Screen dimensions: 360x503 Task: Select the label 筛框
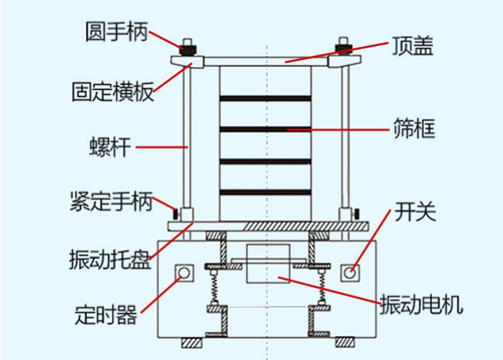(414, 129)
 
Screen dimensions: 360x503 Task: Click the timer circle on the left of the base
(184, 271)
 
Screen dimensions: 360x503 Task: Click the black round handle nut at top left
(189, 49)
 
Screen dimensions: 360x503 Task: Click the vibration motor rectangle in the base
(266, 264)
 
